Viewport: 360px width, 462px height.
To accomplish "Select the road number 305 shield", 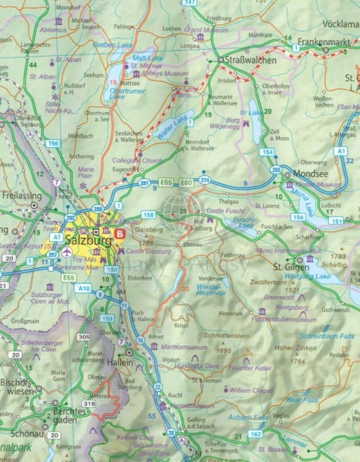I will (85, 336).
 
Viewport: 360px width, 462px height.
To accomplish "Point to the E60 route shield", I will (187, 183).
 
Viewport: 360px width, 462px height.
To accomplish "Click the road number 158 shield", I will (148, 215).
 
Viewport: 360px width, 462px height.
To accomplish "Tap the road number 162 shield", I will (255, 434).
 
